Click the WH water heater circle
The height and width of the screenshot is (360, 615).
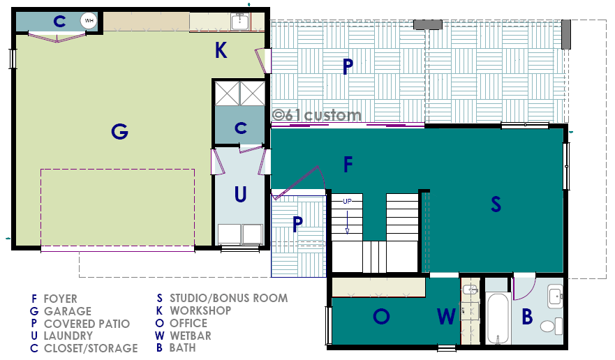(x=89, y=21)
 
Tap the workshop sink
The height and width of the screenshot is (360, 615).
(x=239, y=21)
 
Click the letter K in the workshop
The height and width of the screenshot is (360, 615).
(x=221, y=51)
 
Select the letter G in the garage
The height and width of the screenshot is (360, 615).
(x=119, y=131)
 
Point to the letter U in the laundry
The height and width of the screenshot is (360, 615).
(x=240, y=194)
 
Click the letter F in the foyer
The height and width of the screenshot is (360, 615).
(x=348, y=165)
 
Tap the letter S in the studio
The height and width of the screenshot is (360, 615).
(x=496, y=204)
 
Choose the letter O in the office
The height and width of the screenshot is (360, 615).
(x=381, y=316)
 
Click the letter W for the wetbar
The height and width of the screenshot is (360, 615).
(x=446, y=316)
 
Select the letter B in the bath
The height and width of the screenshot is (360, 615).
(x=528, y=317)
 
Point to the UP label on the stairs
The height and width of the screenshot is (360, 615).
(x=347, y=202)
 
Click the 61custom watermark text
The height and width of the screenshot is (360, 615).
(x=316, y=115)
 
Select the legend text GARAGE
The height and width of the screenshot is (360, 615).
(x=68, y=311)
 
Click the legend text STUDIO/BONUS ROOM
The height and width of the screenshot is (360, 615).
(x=229, y=298)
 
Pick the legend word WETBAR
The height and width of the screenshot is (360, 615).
(x=191, y=336)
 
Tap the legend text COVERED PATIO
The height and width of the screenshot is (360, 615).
(x=87, y=324)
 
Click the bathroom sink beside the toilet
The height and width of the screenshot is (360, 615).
(x=556, y=297)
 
